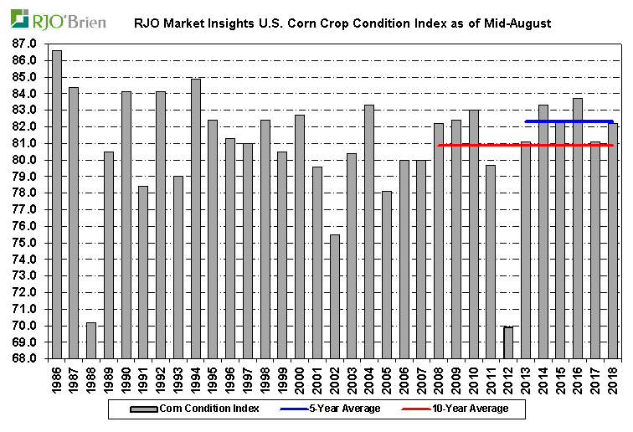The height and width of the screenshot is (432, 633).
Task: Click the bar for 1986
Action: coord(57,205)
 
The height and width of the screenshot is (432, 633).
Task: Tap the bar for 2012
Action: coord(508,343)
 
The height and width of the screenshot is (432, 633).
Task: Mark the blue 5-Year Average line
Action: coord(569,121)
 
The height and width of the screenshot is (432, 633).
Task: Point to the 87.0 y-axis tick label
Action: coord(24,44)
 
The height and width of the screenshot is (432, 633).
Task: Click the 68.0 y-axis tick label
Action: coord(24,359)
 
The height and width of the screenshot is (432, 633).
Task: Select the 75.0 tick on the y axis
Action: coord(24,243)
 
